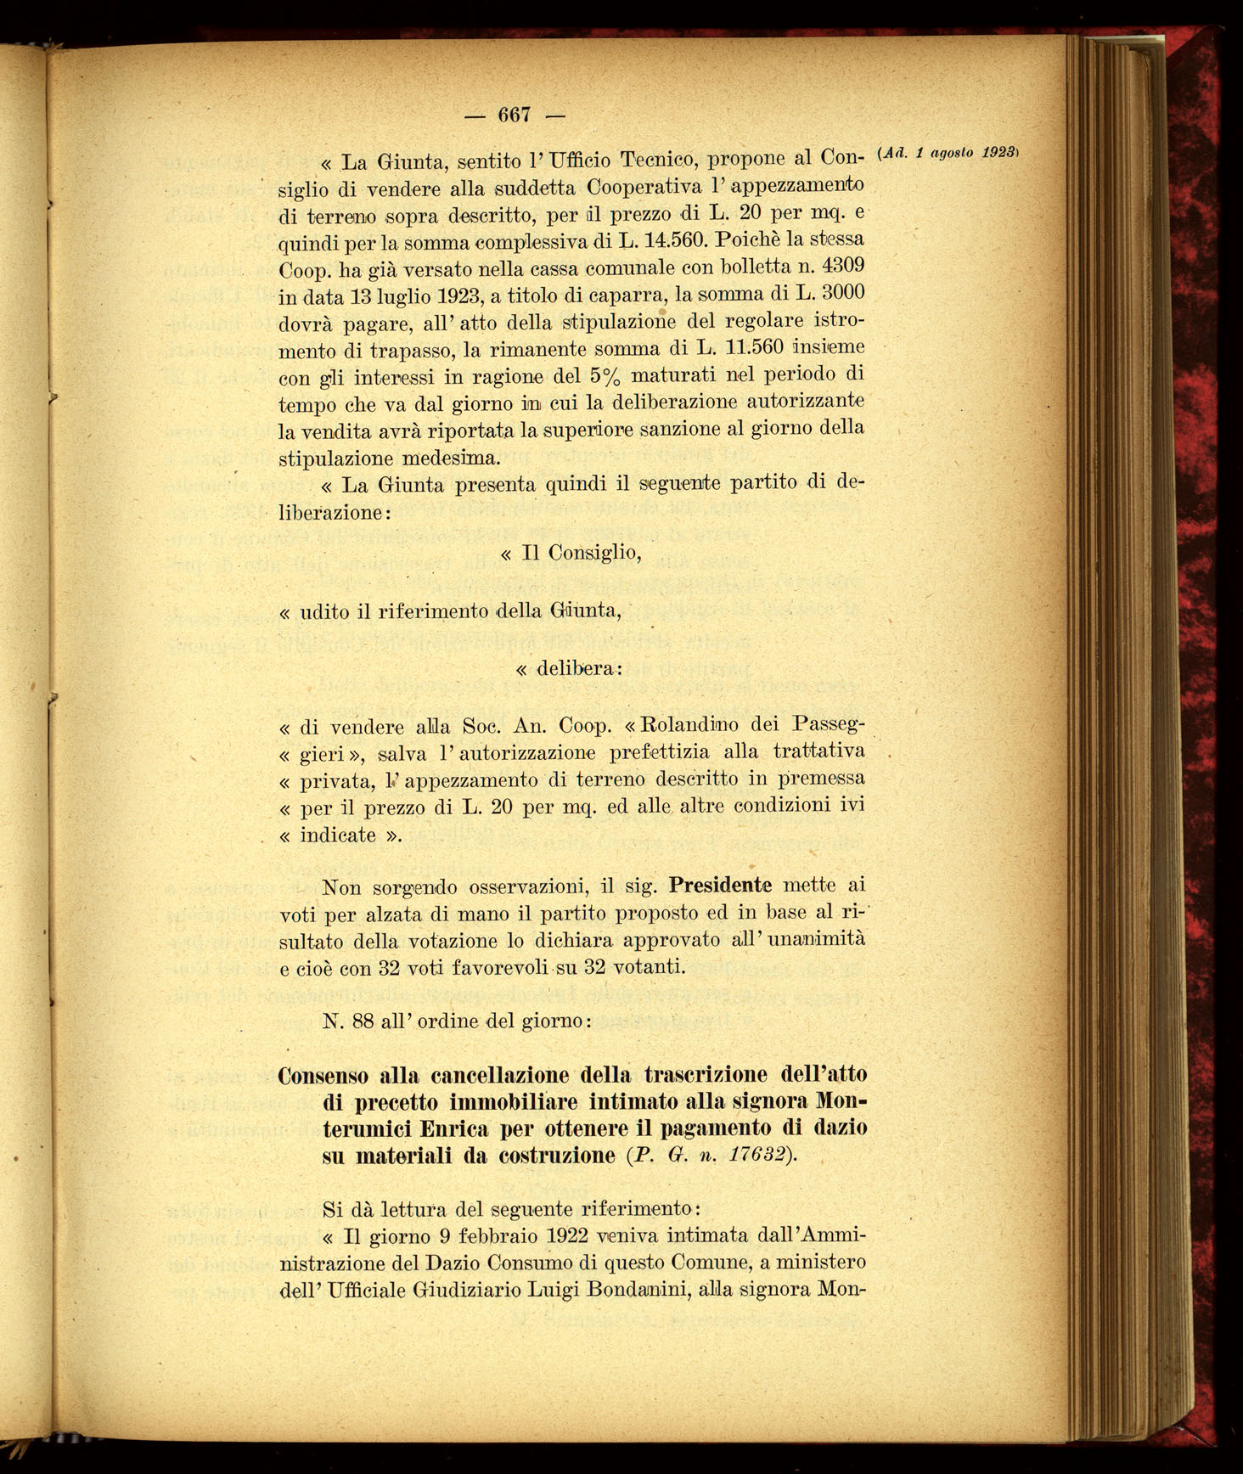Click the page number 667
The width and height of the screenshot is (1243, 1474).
click(x=515, y=114)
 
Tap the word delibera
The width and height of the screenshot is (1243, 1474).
click(x=575, y=668)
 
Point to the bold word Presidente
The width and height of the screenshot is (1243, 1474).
click(x=720, y=886)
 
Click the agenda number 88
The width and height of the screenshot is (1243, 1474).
click(x=363, y=1021)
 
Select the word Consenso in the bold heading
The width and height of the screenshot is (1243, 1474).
click(x=323, y=1076)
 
